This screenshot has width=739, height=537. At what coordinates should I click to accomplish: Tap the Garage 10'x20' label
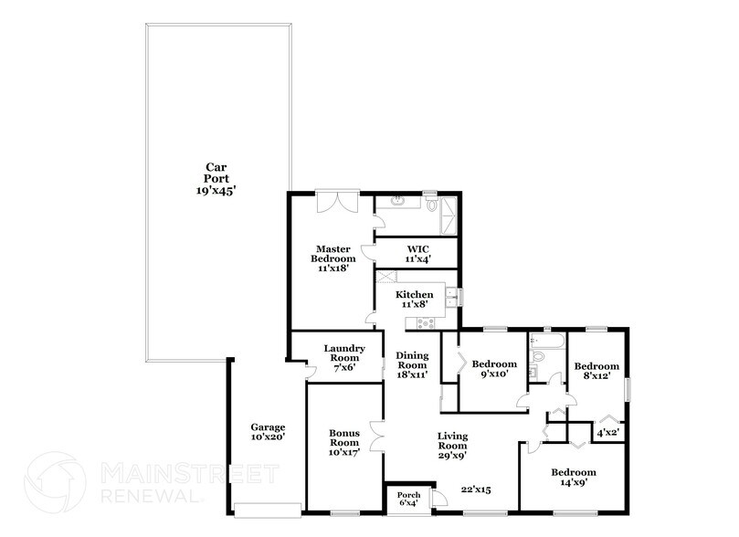269,432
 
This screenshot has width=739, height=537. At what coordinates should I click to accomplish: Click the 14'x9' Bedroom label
574,479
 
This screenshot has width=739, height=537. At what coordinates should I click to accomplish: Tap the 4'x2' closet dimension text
608,434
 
